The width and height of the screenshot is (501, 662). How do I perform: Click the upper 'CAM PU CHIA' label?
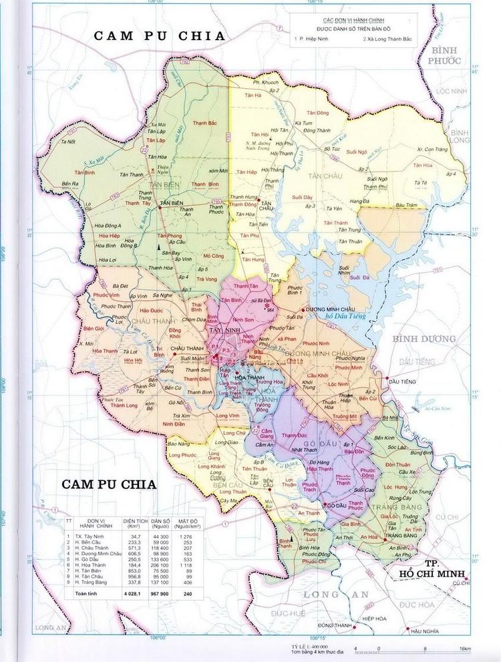tap(159, 36)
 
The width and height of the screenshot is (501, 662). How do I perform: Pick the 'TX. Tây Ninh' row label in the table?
tap(90, 536)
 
